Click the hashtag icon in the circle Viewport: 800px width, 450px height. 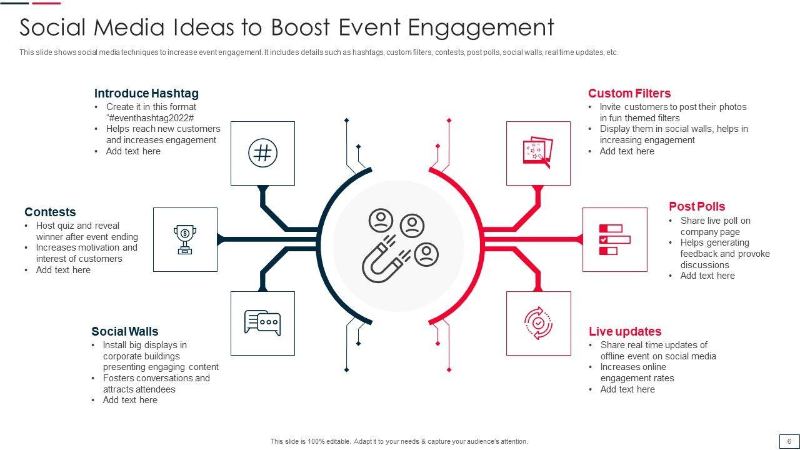tap(263, 153)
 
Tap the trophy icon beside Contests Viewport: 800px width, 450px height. tap(185, 239)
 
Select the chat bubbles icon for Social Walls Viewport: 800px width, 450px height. tap(262, 323)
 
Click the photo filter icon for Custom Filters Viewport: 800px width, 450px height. tap(537, 153)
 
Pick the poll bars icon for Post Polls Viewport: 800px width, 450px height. tap(614, 239)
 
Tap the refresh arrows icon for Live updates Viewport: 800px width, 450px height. tap(538, 323)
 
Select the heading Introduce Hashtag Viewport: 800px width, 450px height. tap(146, 94)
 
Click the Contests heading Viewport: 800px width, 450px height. tap(50, 212)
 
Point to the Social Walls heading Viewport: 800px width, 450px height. tap(125, 332)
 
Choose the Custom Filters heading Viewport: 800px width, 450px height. tap(629, 94)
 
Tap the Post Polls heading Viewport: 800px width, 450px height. tap(697, 207)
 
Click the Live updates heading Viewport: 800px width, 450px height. tap(625, 332)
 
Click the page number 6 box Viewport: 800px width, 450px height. tap(789, 441)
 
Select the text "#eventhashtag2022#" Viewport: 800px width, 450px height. tap(150, 118)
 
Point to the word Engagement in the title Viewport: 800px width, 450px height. tap(481, 28)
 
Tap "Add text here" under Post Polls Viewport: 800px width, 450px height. tap(707, 276)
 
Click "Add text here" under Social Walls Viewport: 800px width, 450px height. tap(130, 400)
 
